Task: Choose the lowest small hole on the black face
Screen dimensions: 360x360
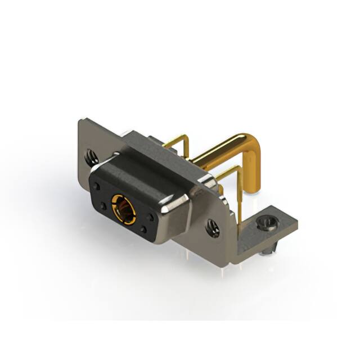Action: [x=143, y=229]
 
